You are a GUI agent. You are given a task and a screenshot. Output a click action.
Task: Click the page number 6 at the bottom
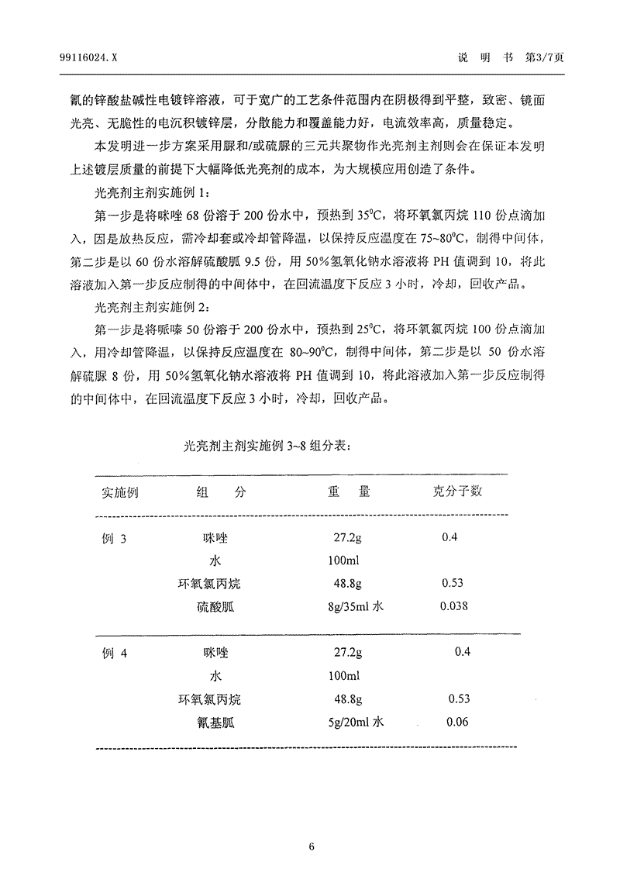[x=311, y=847]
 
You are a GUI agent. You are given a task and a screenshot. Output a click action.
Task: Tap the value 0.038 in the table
[x=453, y=606]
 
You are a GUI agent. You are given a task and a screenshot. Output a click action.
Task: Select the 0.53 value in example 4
[x=459, y=698]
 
